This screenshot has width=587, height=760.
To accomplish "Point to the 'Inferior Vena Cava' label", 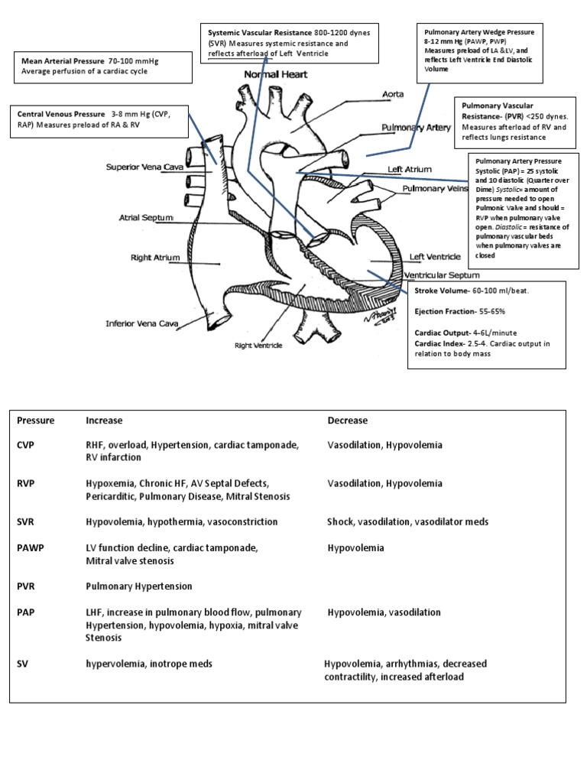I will pyautogui.click(x=141, y=323).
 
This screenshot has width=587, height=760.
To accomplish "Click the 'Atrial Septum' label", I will pyautogui.click(x=147, y=217).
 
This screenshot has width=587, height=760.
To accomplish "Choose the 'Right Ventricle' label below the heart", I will pyautogui.click(x=258, y=346).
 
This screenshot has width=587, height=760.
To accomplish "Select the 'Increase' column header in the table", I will pyautogui.click(x=105, y=421).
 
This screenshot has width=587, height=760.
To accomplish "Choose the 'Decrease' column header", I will pyautogui.click(x=348, y=421).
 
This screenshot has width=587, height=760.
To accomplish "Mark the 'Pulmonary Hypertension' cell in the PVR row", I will pyautogui.click(x=138, y=586).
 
